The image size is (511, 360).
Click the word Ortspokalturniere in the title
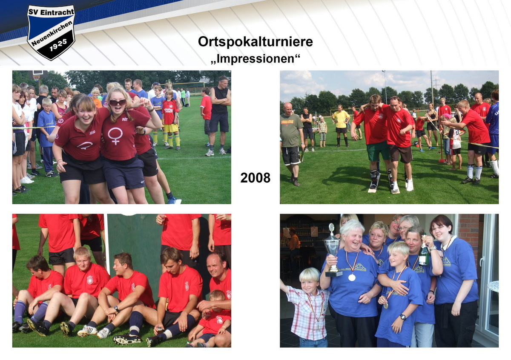(255, 42)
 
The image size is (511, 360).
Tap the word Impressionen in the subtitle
(255, 58)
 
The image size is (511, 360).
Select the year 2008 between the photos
(255, 178)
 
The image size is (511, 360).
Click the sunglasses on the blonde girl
(118, 103)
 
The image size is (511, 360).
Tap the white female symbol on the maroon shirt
(115, 136)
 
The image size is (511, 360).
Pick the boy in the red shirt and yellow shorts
(170, 119)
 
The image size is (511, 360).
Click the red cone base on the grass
(442, 161)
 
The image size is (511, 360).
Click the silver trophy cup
(333, 249)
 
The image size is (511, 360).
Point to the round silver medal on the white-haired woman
(352, 277)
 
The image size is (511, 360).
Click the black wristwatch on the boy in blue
(402, 317)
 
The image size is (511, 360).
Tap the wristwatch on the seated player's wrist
(116, 308)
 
